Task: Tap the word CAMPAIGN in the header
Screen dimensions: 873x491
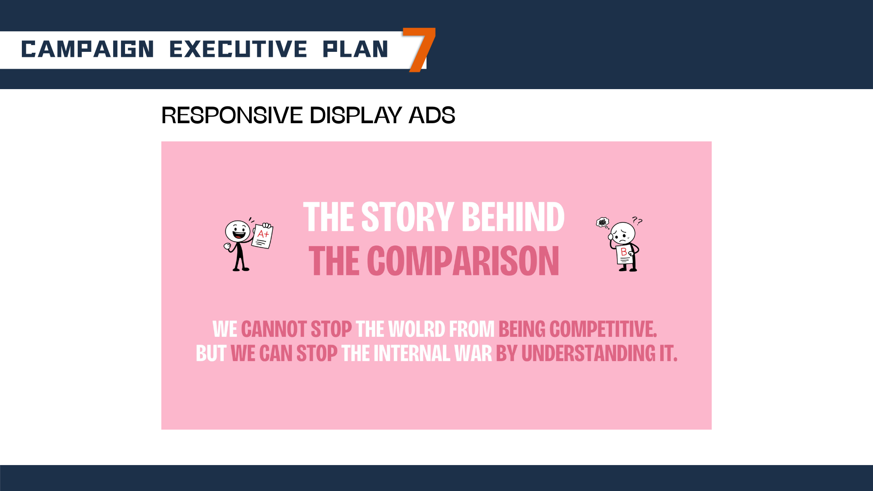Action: [x=87, y=49]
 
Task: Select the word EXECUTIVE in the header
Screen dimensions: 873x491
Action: [x=238, y=49]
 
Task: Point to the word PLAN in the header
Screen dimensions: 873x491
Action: [x=355, y=49]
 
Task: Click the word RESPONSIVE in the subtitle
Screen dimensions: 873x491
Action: [x=232, y=115]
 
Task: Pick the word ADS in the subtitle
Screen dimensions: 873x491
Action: [x=432, y=115]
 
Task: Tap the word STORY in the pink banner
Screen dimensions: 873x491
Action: [x=407, y=217]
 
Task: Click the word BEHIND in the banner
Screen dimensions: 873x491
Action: [x=513, y=217]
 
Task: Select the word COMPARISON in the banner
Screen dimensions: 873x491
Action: [x=463, y=261]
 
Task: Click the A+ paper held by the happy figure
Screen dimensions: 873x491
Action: [x=263, y=235]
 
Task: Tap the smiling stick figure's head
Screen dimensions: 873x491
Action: [x=238, y=231]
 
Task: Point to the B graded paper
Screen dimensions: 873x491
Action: [x=624, y=255]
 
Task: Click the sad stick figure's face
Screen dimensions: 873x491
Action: [x=622, y=234]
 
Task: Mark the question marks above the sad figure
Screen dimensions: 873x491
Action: [x=637, y=221]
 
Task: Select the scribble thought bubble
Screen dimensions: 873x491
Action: [x=603, y=223]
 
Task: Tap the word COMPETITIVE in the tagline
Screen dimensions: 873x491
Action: [x=603, y=329]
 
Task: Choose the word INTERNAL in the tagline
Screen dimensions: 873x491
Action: [x=412, y=353]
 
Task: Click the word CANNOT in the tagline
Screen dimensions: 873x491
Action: [x=274, y=329]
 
